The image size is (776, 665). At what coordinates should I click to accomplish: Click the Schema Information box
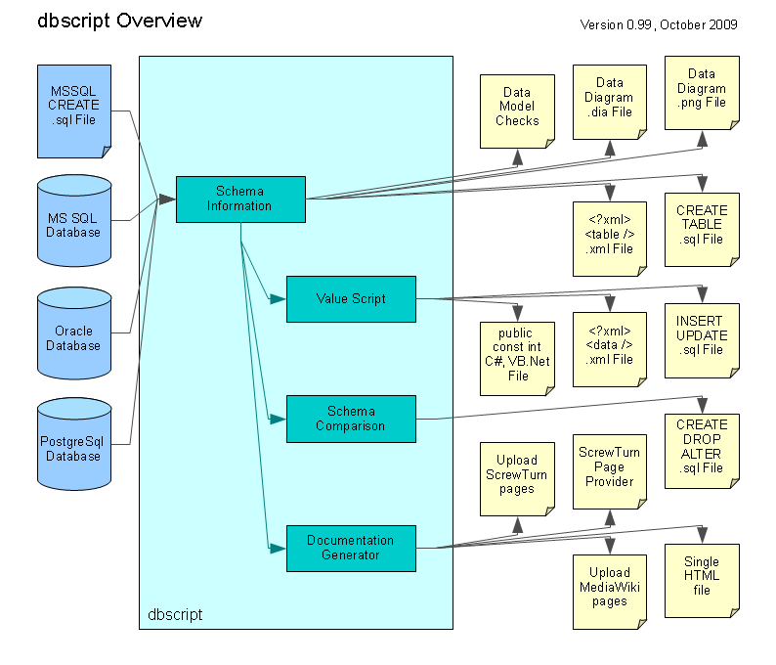click(x=240, y=199)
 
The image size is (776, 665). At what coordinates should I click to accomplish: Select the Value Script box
click(x=351, y=299)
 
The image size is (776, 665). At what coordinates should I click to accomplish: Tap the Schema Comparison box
click(x=351, y=419)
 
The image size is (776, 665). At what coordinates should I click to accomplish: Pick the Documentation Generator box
click(x=351, y=549)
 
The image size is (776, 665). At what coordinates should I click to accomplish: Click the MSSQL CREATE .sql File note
click(x=74, y=111)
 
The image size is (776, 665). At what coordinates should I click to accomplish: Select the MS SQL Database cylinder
click(x=74, y=220)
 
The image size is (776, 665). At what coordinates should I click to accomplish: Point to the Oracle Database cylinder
click(x=74, y=333)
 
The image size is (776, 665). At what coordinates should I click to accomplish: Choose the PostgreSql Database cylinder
click(x=74, y=444)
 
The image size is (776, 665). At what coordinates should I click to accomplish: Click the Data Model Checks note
click(x=517, y=111)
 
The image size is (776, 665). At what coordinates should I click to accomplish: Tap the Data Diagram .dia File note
click(x=610, y=102)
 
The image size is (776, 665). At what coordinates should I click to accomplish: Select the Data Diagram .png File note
click(x=702, y=93)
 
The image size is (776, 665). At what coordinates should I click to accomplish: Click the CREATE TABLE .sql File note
click(x=702, y=230)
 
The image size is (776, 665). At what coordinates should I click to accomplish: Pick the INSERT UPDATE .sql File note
click(x=702, y=340)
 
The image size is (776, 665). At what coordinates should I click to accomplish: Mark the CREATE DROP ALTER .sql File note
click(x=702, y=451)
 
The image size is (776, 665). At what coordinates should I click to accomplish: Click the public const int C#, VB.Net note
click(x=517, y=359)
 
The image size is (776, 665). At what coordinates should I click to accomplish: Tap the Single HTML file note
click(x=702, y=581)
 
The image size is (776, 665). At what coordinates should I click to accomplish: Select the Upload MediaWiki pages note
click(x=610, y=592)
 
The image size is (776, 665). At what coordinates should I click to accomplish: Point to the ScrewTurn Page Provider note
click(x=610, y=471)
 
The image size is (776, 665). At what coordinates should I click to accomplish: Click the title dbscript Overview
click(x=120, y=21)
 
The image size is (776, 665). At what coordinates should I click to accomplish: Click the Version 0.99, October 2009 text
click(x=659, y=24)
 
